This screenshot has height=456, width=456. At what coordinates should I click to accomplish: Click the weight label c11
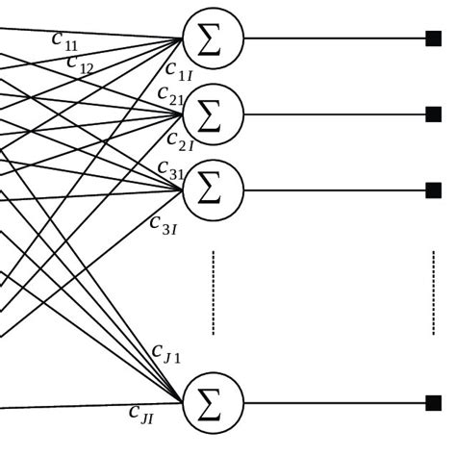(65, 41)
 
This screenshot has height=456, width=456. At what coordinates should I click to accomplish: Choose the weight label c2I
(181, 142)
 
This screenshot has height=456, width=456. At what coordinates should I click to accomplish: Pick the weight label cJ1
(166, 353)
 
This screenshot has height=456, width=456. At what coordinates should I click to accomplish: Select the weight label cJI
(140, 414)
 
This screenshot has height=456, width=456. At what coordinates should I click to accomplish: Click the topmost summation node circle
(213, 38)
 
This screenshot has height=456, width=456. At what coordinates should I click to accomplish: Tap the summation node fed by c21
(213, 114)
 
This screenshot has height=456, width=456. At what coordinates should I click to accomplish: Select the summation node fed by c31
(213, 190)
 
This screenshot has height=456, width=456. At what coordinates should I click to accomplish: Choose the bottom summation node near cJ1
(213, 403)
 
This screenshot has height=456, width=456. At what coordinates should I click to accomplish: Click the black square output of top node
(433, 38)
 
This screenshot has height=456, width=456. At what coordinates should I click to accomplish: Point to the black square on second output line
(433, 114)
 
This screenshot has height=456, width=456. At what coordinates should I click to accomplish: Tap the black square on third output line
(433, 190)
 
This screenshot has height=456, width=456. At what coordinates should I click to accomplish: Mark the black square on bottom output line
(433, 403)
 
